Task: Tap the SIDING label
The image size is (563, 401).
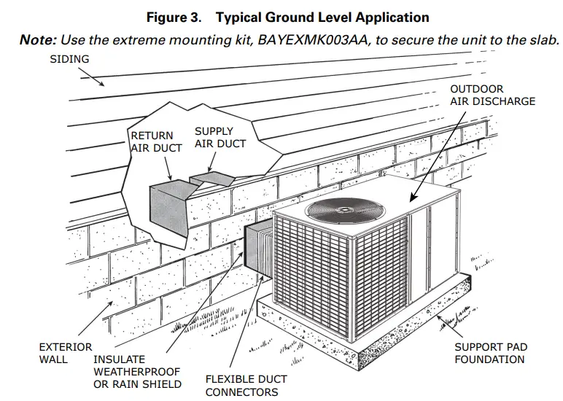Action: tap(69, 58)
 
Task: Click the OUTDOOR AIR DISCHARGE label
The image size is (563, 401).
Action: tap(492, 96)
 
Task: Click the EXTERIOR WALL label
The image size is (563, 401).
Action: tap(65, 353)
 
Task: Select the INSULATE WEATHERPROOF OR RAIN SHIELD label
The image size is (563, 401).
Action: tap(137, 372)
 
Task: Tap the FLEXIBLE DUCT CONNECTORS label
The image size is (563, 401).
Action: tap(246, 386)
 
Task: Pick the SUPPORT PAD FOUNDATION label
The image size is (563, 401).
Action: tap(489, 353)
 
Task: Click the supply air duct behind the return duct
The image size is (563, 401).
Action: tap(208, 177)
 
